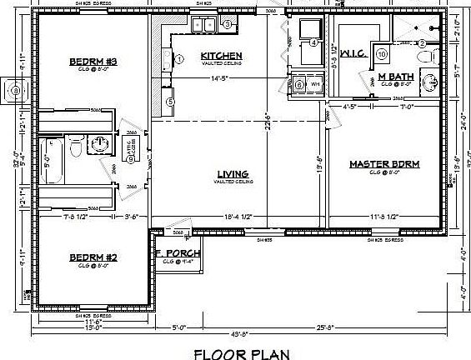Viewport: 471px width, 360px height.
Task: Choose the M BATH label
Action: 396,77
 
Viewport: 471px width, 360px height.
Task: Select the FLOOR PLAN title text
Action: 242,352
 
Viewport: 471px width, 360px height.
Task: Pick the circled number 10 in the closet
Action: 381,55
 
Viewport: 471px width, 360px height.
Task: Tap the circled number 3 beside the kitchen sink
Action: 227,25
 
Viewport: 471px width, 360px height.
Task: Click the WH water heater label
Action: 315,85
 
